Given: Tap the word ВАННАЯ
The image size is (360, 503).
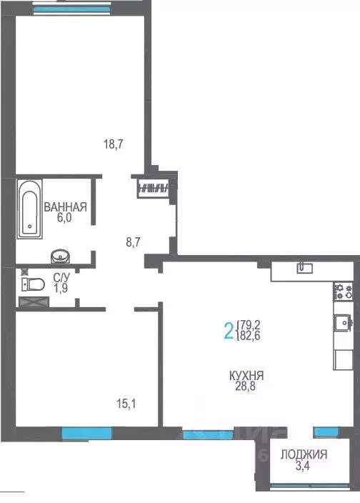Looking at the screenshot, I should [65, 207].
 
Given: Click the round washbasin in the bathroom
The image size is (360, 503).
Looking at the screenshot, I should [58, 256].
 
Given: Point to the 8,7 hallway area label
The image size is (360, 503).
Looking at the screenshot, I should [133, 242].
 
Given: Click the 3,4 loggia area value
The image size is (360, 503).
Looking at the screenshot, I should [304, 467].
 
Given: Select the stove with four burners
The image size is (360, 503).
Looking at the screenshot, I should [344, 291].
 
